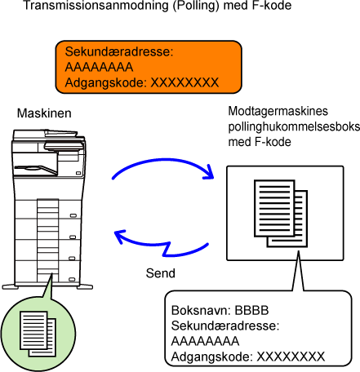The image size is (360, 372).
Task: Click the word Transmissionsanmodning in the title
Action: [x=96, y=6]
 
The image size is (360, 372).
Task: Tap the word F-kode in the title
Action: [x=271, y=6]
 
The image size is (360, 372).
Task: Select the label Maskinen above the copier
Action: [x=44, y=113]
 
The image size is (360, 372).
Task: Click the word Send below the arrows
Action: [x=161, y=273]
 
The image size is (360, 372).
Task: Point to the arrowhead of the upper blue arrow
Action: [x=209, y=173]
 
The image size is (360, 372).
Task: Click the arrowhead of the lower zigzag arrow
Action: [x=120, y=236]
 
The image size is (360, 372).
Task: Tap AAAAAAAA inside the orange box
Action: [x=99, y=67]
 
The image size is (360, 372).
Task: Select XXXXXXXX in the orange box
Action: [x=184, y=82]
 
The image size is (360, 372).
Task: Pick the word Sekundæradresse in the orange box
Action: [x=119, y=51]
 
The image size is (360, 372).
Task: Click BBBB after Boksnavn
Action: [x=251, y=310]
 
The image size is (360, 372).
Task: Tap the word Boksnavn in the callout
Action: [x=201, y=310]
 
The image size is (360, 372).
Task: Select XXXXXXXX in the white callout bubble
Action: [x=291, y=356]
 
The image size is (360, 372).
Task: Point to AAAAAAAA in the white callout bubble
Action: [x=205, y=341]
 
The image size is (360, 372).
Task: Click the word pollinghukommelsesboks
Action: [x=294, y=126]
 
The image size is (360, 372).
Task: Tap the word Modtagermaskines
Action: [x=278, y=111]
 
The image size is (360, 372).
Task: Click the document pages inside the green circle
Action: [x=38, y=334]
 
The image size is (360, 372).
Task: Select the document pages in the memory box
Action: [x=281, y=214]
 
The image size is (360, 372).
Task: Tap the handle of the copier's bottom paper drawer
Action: [x=72, y=279]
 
